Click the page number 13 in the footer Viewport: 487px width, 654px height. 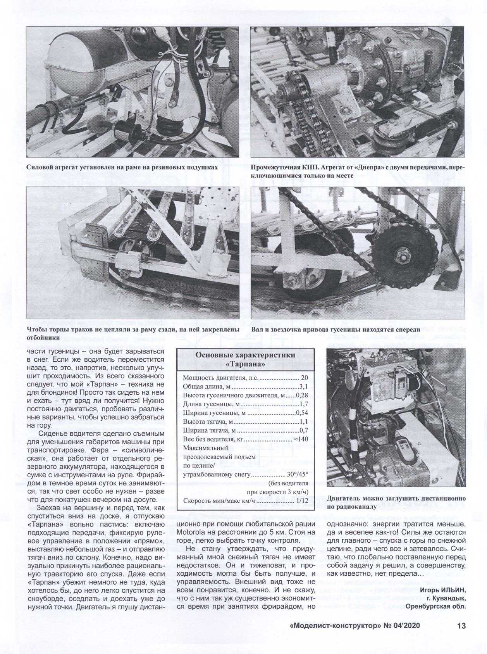[x=461, y=625]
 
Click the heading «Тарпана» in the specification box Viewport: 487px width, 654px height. [x=246, y=365]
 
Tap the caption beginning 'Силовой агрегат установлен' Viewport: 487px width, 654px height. [x=122, y=168]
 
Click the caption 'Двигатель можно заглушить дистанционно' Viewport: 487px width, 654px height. [x=396, y=499]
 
